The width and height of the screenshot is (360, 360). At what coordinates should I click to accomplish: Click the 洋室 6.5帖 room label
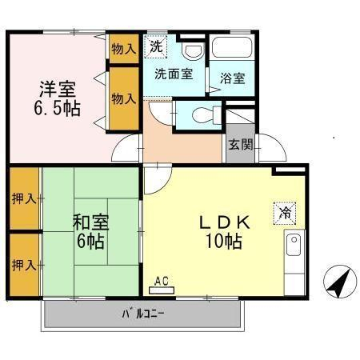[x=57, y=98]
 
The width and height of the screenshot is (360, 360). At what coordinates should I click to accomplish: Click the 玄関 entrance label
[x=238, y=146]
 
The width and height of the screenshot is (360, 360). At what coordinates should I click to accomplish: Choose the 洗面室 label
[x=173, y=74]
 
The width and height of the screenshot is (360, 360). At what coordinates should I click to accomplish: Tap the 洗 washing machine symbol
[x=156, y=46]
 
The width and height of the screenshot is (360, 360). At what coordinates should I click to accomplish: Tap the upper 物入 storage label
[x=124, y=49]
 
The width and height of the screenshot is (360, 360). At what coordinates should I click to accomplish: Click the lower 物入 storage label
[x=124, y=98]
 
